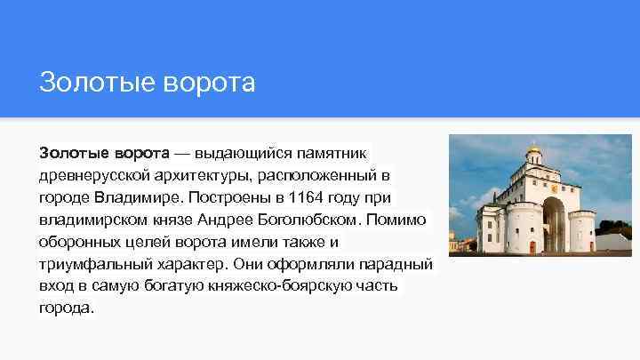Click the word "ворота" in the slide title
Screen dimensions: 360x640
click(211, 84)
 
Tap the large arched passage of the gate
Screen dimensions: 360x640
click(552, 227)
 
